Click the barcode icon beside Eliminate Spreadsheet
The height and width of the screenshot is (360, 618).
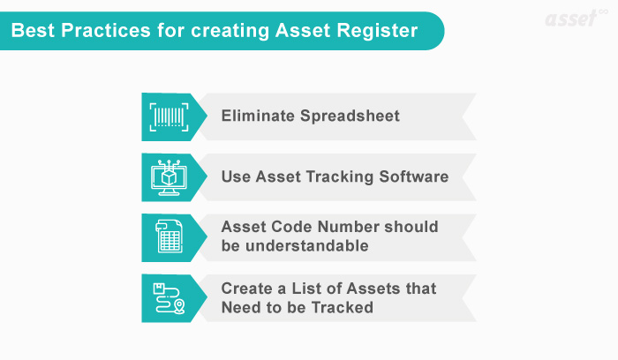pyautogui.click(x=168, y=116)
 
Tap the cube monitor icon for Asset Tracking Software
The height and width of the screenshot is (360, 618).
pyautogui.click(x=168, y=176)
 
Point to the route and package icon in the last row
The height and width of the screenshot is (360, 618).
pyautogui.click(x=168, y=297)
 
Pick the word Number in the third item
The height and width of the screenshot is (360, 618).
pyautogui.click(x=349, y=228)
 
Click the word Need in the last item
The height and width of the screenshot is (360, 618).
pyautogui.click(x=241, y=307)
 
